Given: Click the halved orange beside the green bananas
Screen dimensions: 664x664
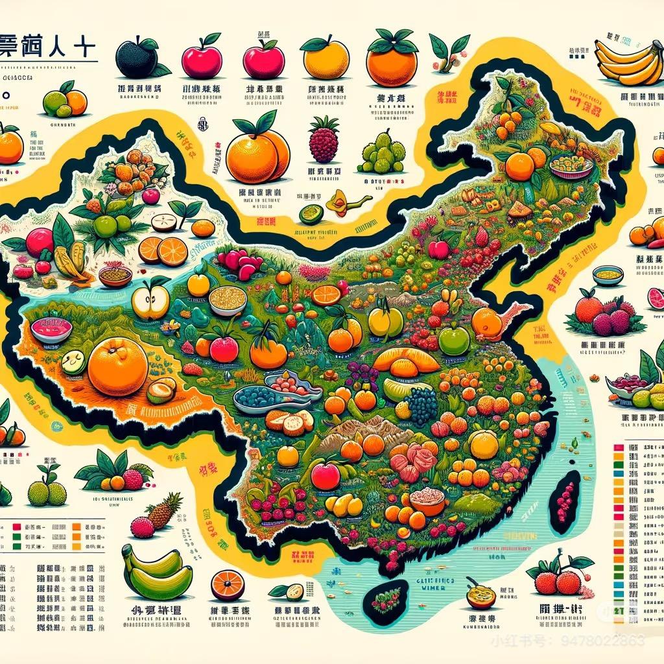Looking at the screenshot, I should point(228,584).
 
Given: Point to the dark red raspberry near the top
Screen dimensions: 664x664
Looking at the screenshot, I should point(324,141).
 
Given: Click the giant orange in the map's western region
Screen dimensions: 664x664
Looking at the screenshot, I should point(118,367).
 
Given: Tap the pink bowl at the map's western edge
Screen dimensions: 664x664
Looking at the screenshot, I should point(51,329).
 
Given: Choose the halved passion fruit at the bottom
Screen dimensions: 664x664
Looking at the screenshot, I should point(480,595).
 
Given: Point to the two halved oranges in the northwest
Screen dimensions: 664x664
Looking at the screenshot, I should point(163,251).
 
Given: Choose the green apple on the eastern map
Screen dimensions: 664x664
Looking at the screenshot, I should point(454,340).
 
